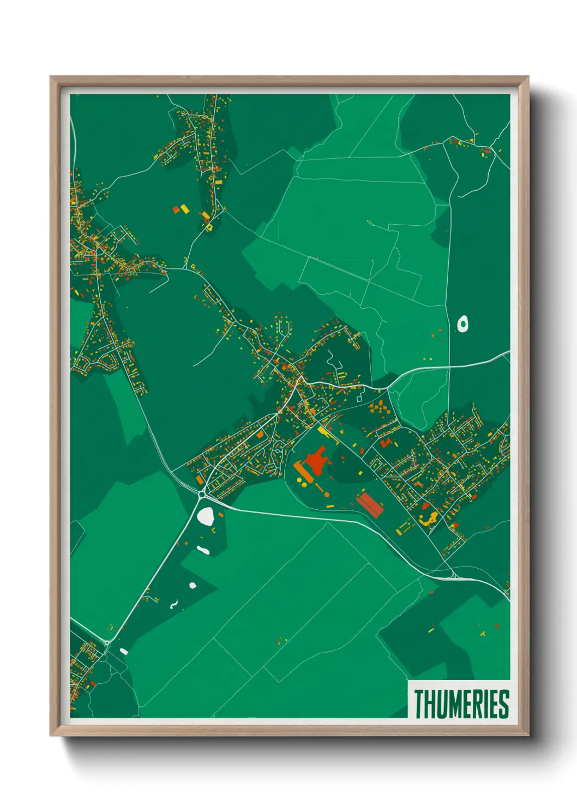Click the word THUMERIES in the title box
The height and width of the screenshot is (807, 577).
[x=461, y=704]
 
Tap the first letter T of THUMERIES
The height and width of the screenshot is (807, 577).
[x=419, y=704]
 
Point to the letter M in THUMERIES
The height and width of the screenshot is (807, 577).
[x=454, y=704]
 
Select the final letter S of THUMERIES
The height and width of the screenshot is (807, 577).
[x=504, y=704]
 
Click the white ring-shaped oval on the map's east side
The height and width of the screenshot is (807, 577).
[x=463, y=324]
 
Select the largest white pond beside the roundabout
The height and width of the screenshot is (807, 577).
[x=206, y=515]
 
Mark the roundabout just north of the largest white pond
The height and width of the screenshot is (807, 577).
[x=202, y=494]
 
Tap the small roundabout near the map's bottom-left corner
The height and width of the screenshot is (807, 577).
[x=107, y=643]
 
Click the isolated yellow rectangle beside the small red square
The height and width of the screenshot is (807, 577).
[x=184, y=208]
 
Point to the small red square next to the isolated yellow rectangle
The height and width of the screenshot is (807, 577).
[x=176, y=209]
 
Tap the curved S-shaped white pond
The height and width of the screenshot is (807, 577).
[x=174, y=604]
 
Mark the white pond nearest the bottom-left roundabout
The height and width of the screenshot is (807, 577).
[x=124, y=651]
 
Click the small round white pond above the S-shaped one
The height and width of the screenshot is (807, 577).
[x=193, y=586]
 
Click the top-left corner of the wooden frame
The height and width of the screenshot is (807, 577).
[x=51, y=77]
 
